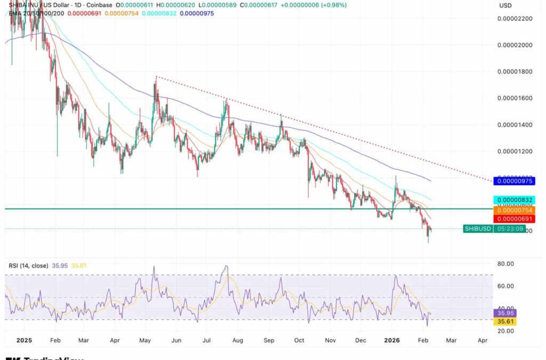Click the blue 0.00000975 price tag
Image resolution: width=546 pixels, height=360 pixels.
pyautogui.click(x=515, y=181)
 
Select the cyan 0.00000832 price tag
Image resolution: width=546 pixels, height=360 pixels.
pyautogui.click(x=515, y=200)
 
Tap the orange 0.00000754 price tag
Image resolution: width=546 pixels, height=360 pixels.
pyautogui.click(x=515, y=210)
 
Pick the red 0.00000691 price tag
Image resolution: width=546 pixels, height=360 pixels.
pyautogui.click(x=515, y=219)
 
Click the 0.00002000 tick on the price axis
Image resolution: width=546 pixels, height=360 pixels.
pyautogui.click(x=515, y=45)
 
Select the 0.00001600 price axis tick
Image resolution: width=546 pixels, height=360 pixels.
pyautogui.click(x=515, y=98)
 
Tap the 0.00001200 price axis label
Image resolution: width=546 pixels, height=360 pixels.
pyautogui.click(x=515, y=151)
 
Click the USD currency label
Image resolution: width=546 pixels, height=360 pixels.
pyautogui.click(x=505, y=5)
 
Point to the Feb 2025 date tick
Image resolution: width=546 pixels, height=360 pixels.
pyautogui.click(x=55, y=340)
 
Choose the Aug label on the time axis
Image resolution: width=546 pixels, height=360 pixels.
pyautogui.click(x=237, y=340)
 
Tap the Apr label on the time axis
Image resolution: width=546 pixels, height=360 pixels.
pyautogui.click(x=483, y=340)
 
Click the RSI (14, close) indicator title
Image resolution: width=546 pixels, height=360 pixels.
pyautogui.click(x=28, y=266)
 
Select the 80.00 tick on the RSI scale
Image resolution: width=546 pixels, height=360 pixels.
pyautogui.click(x=505, y=263)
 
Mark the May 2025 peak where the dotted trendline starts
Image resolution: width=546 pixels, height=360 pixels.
pyautogui.click(x=156, y=77)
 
